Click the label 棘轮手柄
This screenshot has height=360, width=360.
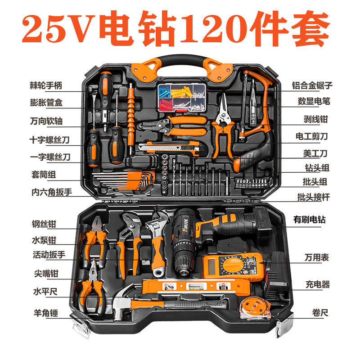pyautogui.click(x=51, y=84)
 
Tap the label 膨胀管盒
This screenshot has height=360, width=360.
pyautogui.click(x=51, y=103)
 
